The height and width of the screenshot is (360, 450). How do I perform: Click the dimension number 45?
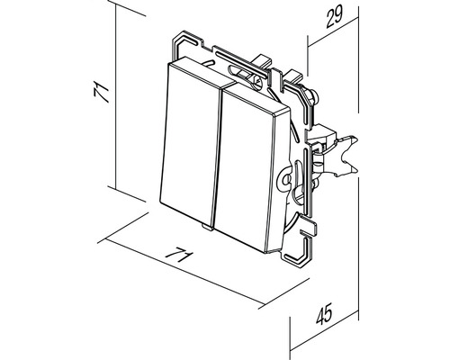click(325, 313)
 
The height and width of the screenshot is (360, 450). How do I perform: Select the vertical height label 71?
click(101, 93)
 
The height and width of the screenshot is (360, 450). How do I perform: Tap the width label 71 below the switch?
click(179, 255)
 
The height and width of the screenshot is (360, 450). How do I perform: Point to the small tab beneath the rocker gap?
click(207, 227)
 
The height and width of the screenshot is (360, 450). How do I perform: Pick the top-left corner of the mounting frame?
click(175, 38)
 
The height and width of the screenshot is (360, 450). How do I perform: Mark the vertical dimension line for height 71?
click(115, 96)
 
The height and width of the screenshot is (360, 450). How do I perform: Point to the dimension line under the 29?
click(333, 31)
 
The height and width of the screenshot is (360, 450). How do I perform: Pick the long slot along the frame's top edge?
click(240, 64)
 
